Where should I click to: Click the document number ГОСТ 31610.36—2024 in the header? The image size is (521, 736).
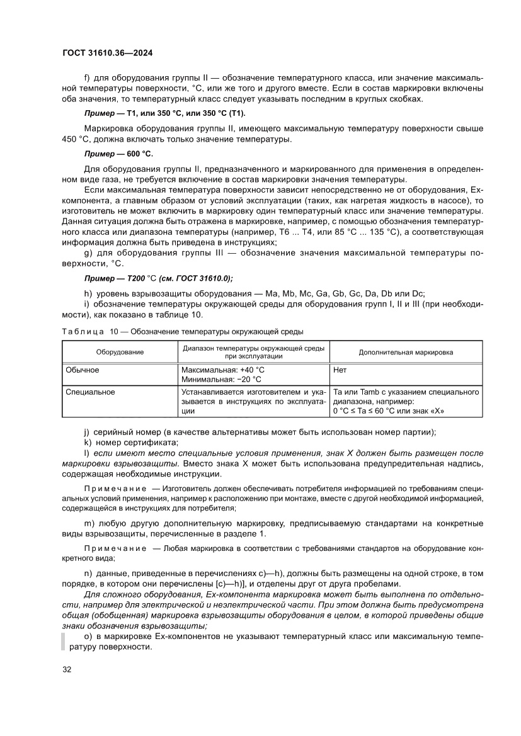coord(108,54)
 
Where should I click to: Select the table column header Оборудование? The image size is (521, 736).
coord(120,352)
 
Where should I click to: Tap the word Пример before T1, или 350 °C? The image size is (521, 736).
coord(100,113)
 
